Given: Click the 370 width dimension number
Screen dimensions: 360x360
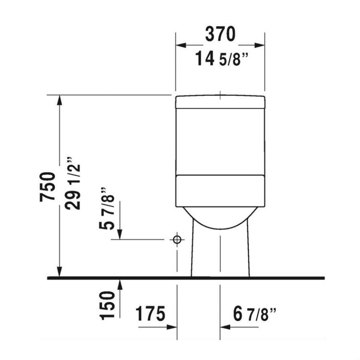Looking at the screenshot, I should pyautogui.click(x=220, y=34).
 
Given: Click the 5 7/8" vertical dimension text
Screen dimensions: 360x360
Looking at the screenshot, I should pyautogui.click(x=109, y=208).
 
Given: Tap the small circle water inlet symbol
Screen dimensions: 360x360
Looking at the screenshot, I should pyautogui.click(x=177, y=239).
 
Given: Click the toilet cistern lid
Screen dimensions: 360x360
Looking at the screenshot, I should pyautogui.click(x=220, y=102).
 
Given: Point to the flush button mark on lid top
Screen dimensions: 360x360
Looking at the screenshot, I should pyautogui.click(x=220, y=96).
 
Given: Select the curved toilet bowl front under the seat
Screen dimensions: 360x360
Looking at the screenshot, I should pyautogui.click(x=220, y=218).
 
